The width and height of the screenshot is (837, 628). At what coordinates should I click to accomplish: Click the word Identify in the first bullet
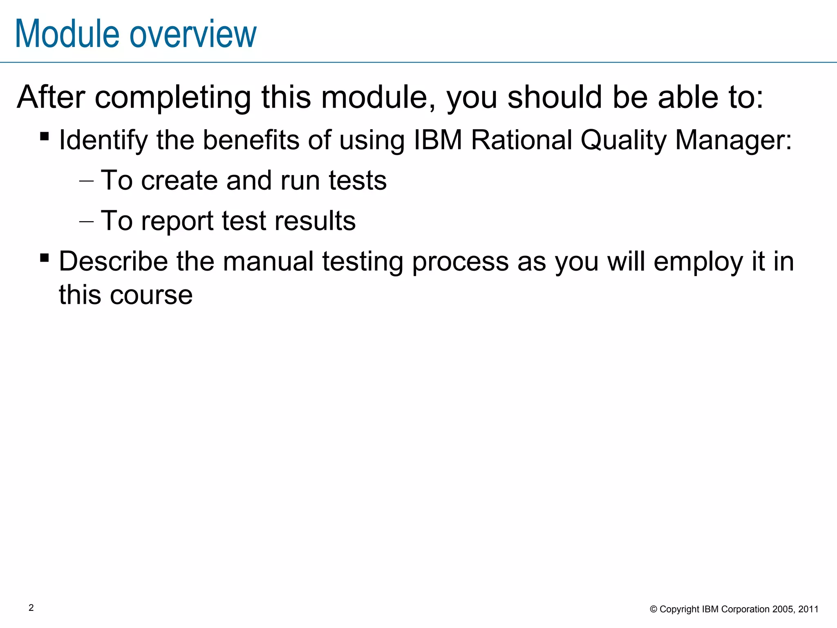[x=103, y=140]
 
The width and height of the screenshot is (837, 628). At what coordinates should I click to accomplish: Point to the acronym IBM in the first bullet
[x=438, y=140]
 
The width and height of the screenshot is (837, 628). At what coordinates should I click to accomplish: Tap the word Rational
[x=521, y=140]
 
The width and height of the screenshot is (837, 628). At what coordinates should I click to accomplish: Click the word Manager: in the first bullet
[x=733, y=140]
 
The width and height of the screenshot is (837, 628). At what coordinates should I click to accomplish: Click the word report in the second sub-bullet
[x=177, y=221]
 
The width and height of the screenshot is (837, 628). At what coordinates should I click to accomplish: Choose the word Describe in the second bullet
[x=113, y=261]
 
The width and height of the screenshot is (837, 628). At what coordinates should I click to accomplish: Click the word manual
[x=268, y=261]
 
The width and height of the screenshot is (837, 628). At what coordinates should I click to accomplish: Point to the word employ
[x=698, y=262]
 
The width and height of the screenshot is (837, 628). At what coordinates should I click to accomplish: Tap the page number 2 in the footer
[x=31, y=608]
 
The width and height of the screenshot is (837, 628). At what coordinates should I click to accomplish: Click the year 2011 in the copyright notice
[x=808, y=609]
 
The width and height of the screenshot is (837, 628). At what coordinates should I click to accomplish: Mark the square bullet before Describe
[x=45, y=258]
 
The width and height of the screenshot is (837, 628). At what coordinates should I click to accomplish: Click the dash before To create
[x=86, y=181]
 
